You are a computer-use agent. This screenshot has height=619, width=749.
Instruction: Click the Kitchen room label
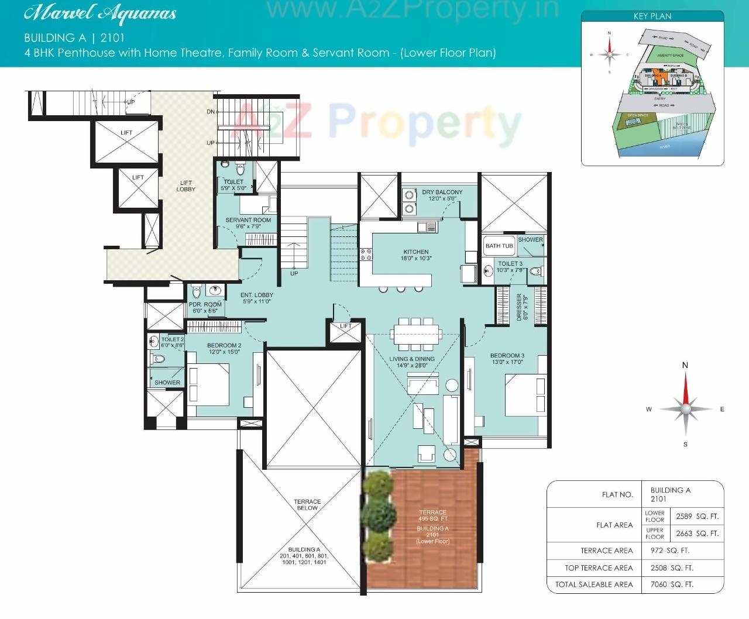pos(416,252)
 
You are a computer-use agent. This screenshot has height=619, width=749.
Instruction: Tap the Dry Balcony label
pos(442,192)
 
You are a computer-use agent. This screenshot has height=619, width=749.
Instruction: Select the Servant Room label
pos(248,221)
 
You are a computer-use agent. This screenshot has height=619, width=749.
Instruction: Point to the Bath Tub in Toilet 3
pos(499,246)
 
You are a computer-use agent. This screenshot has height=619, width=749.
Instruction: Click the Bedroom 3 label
pos(507,356)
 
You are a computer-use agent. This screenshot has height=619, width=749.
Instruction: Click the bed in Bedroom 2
pos(209,384)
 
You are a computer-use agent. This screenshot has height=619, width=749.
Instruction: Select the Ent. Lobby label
pos(256,295)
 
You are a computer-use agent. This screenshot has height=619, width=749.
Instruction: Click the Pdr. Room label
pos(205,305)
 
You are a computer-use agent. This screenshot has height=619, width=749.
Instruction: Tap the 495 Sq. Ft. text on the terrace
pos(433,519)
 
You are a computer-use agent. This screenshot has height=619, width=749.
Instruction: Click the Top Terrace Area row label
pos(599,568)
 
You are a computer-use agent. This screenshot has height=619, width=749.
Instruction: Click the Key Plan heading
pos(652,16)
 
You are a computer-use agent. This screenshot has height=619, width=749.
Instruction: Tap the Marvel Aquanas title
pos(100,13)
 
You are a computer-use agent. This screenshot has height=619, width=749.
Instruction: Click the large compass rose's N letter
pos(685,365)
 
